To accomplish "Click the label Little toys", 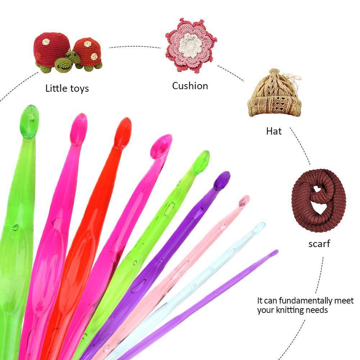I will coord(67,88).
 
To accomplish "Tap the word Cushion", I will coord(190,85).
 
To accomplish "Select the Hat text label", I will coord(274,131).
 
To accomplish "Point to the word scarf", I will coord(319,244).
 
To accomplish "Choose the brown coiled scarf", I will coord(318,200).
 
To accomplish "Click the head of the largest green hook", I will coord(29,121).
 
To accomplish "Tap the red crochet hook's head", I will coord(122,133).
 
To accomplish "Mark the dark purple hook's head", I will coord(221,180).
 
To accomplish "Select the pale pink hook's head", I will coord(243,201).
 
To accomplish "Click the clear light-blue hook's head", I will coord(258,228).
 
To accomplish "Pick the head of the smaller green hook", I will coord(201,162).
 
